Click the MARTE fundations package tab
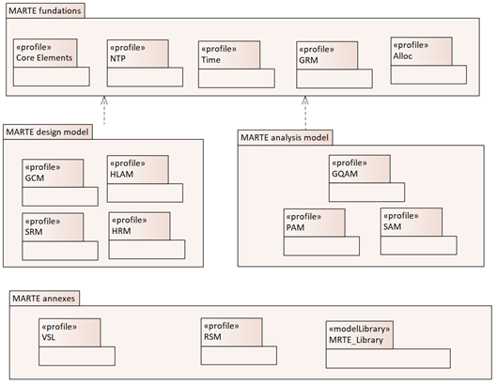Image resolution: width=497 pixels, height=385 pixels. coord(45,10)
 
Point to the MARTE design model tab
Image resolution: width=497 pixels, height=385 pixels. coord(48,131)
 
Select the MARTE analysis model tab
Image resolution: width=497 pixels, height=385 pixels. coord(285,137)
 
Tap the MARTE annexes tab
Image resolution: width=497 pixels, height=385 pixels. coord(44,299)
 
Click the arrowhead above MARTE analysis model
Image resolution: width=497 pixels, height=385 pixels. coord(305,100)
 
